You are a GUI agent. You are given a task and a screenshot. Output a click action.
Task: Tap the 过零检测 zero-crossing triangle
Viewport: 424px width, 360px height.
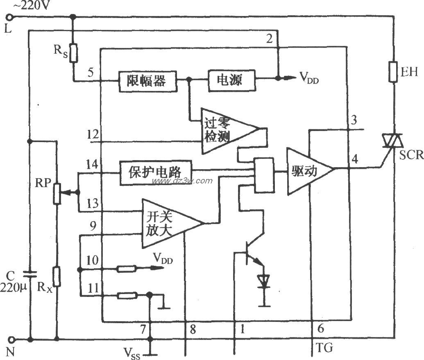click(223, 130)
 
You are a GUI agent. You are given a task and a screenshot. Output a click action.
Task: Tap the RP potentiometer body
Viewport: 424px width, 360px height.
click(57, 192)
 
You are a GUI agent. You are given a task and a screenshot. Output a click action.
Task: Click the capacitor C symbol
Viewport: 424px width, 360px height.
click(30, 274)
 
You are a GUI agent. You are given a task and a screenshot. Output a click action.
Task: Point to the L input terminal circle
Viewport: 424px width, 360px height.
click(11, 17)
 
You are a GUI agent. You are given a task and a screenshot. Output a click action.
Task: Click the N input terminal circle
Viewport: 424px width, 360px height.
click(11, 339)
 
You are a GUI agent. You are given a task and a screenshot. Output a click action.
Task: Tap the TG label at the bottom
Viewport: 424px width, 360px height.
click(324, 349)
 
